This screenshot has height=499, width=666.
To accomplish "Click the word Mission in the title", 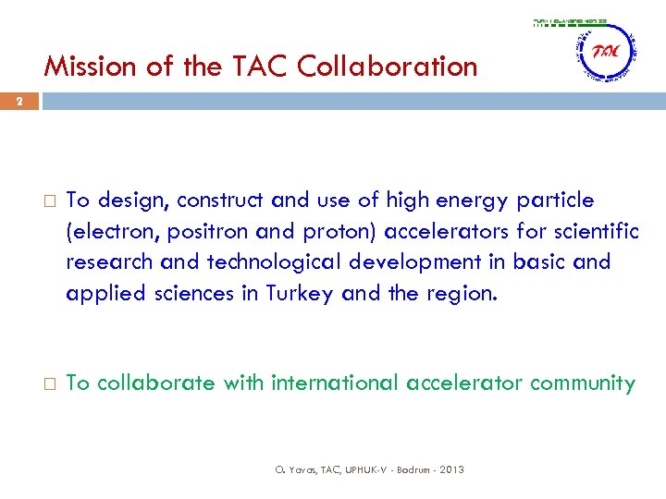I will pyautogui.click(x=84, y=67).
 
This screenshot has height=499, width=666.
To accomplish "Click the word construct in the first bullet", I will pyautogui.click(x=217, y=201).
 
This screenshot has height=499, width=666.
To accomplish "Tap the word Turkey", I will pyautogui.click(x=297, y=293).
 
